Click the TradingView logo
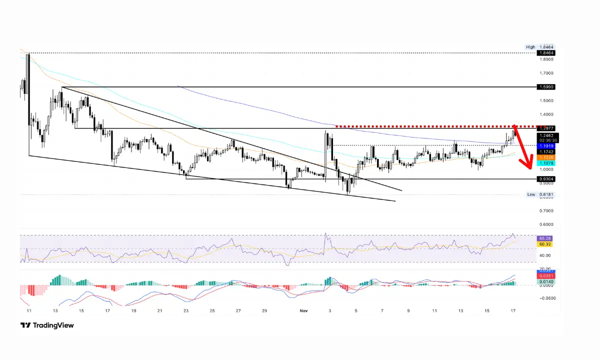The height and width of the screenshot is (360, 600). coord(47,325)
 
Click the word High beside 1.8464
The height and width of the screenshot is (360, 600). coord(530,47)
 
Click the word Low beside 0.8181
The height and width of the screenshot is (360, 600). coord(530,194)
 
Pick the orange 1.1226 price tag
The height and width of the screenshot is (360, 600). coord(543,157)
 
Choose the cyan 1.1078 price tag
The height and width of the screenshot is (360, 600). coord(543,163)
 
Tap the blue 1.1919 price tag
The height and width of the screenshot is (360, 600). coord(543,146)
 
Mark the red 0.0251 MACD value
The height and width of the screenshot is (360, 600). coord(543,276)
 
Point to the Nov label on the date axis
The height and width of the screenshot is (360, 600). coord(303,310)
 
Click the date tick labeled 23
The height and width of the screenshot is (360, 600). coord(186,310)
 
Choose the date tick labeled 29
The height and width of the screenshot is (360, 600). coord(264,310)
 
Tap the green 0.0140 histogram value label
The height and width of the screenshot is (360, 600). coord(543,282)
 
